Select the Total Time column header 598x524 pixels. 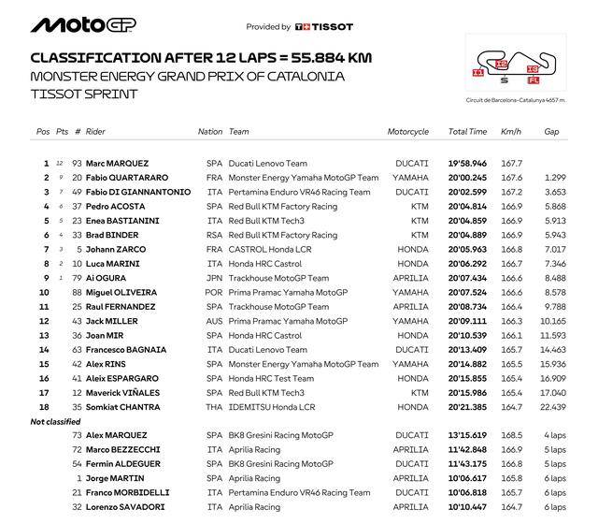(x=467, y=132)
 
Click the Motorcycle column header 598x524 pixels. (x=407, y=132)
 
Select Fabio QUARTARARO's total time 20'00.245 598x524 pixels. (x=467, y=178)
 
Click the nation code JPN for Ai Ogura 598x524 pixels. (x=214, y=278)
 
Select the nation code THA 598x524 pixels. (x=214, y=407)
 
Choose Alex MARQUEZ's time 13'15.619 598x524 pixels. (x=467, y=436)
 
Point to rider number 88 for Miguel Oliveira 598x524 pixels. (x=77, y=292)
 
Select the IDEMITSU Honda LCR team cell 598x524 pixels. (x=270, y=407)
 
